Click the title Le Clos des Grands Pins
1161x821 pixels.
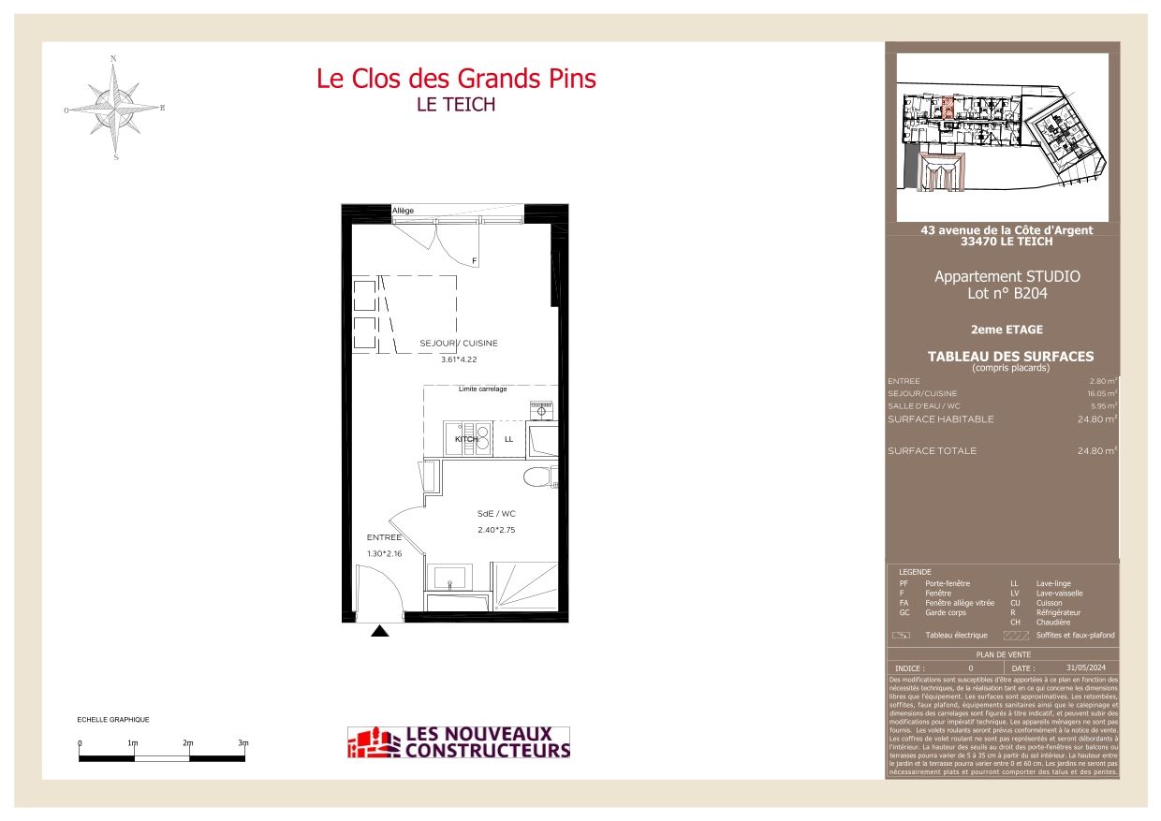point(456,79)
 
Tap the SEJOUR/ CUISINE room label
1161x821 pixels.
point(459,344)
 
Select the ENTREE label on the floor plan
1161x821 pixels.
point(384,537)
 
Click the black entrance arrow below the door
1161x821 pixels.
point(379,632)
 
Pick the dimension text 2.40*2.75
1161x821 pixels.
point(496,530)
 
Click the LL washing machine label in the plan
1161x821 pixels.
point(508,439)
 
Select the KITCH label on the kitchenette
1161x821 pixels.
point(466,439)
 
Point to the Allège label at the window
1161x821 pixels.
point(403,211)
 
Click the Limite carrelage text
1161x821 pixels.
point(482,389)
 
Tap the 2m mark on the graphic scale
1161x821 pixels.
point(188,743)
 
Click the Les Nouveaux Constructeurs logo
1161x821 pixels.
point(459,742)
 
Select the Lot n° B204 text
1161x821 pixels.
point(1007,293)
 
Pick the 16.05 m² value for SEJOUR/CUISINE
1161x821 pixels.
point(1099,394)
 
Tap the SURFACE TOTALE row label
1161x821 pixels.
point(932,451)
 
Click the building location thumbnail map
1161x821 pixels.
point(1002,137)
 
